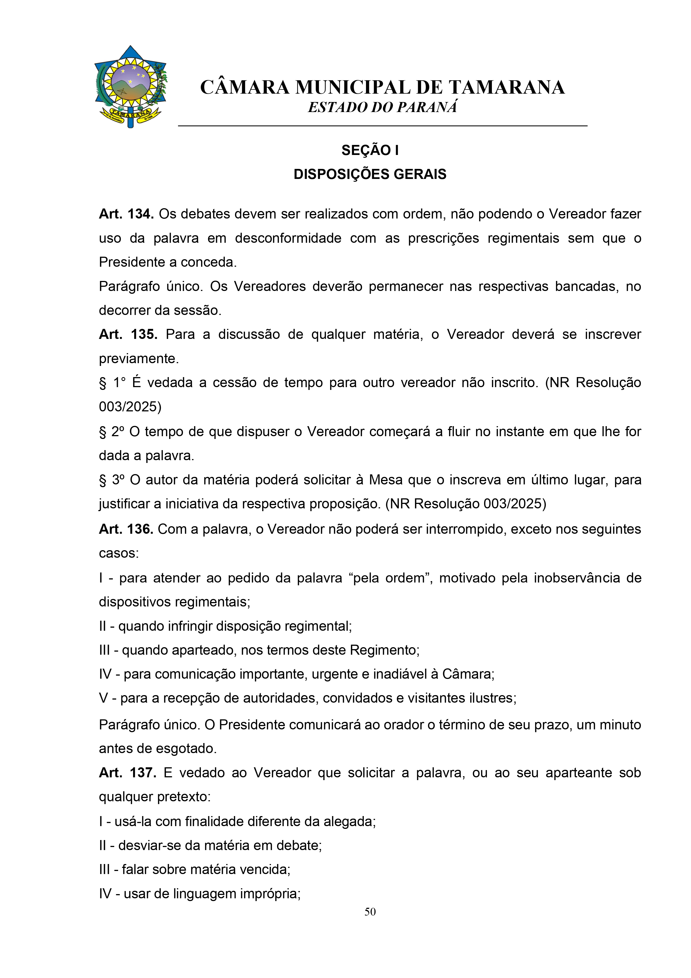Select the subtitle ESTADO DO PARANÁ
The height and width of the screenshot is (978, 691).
pos(382,107)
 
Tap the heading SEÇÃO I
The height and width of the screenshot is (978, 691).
pos(370,150)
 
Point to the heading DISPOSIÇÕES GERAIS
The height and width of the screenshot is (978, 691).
pos(370,174)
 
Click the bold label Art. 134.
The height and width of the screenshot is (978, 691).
pos(126,214)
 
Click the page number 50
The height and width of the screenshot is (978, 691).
pos(370,912)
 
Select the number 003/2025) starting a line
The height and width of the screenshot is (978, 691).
pos(130,407)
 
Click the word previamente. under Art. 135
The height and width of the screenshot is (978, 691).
pos(139,359)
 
